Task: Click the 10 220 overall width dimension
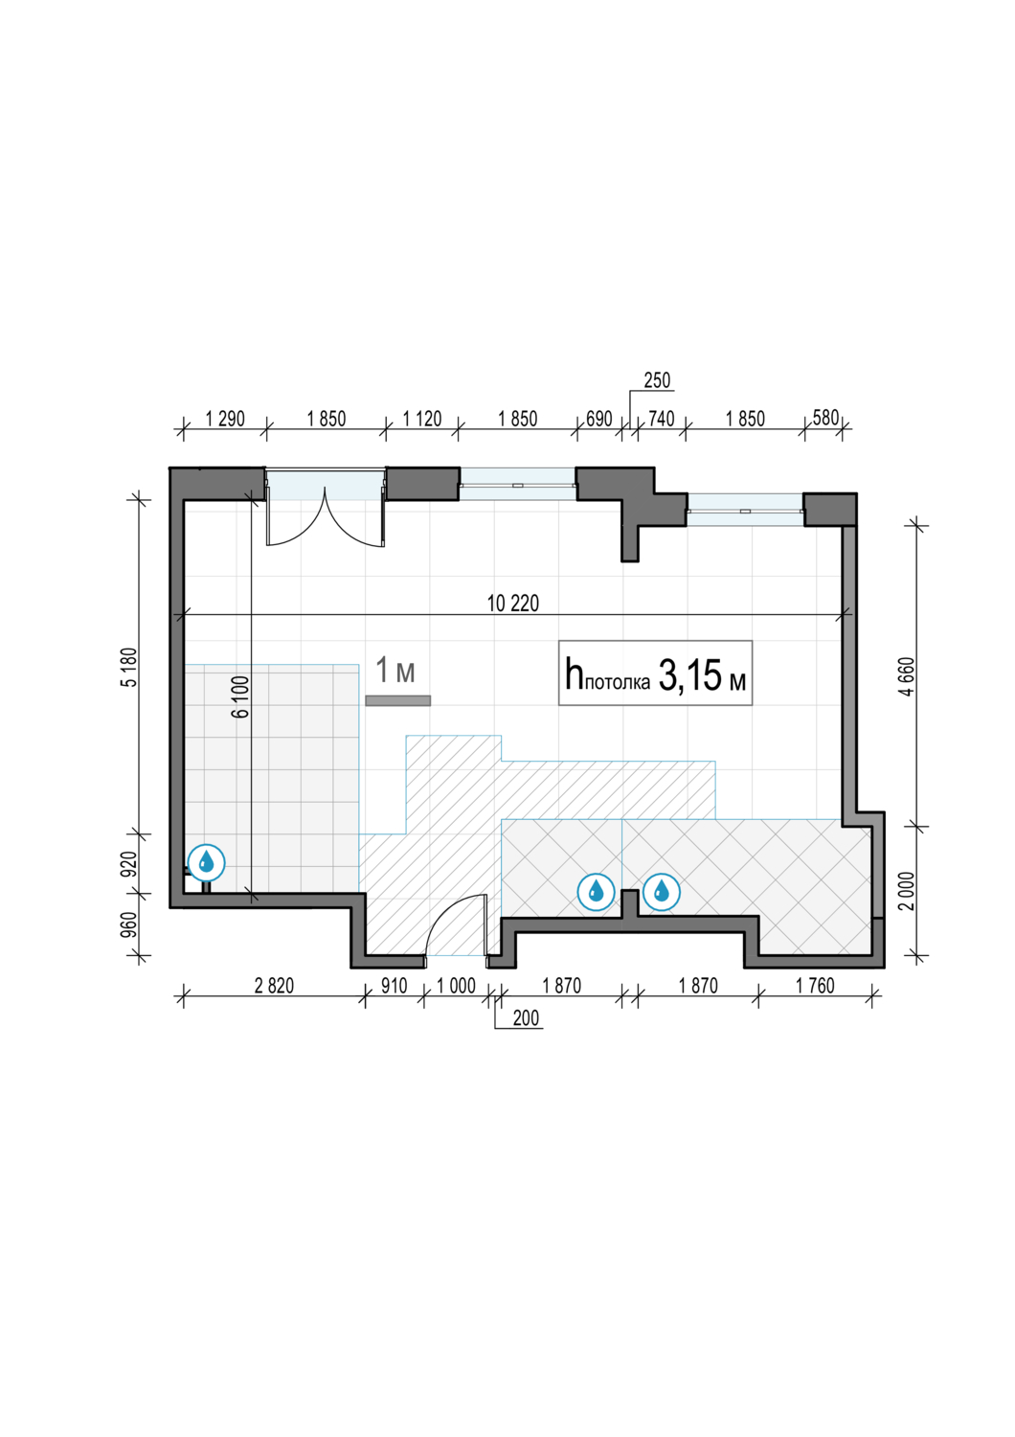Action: (513, 604)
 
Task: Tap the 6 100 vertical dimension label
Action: (241, 696)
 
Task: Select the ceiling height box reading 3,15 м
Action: (655, 673)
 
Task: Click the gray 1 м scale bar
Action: (397, 700)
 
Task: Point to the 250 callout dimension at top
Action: (657, 380)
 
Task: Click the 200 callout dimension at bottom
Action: (526, 1018)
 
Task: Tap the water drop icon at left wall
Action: (207, 862)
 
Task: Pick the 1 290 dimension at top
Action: (224, 419)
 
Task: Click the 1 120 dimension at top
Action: (422, 419)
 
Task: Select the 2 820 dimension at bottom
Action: (274, 986)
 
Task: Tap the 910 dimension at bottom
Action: (394, 986)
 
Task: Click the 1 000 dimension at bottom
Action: (456, 986)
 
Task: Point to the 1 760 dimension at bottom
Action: (815, 986)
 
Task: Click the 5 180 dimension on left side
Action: (129, 667)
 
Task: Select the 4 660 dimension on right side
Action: (909, 675)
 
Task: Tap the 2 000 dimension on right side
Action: (909, 890)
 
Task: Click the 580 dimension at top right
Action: (825, 418)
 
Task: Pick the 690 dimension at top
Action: (598, 419)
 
